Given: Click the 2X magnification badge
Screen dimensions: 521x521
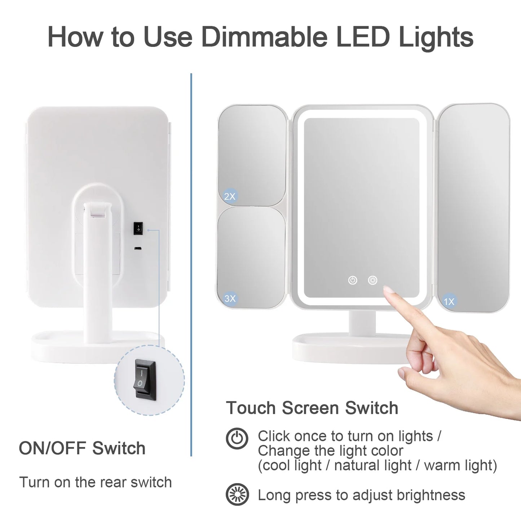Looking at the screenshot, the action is click(230, 196).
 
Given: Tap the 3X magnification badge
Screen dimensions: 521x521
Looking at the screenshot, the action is click(230, 298).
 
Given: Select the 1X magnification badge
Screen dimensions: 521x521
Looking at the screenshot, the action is click(449, 301).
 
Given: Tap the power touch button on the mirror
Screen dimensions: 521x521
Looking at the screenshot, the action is click(352, 280).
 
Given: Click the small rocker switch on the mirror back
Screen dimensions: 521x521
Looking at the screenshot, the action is click(138, 229).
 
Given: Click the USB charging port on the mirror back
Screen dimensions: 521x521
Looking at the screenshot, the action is click(138, 248).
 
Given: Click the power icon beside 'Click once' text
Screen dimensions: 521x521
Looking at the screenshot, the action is click(237, 438).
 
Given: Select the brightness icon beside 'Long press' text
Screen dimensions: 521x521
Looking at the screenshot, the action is click(237, 495).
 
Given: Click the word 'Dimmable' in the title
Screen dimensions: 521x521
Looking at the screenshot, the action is click(265, 37).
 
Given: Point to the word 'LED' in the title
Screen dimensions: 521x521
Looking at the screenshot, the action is click(364, 37).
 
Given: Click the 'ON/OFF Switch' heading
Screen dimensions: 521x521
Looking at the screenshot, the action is click(82, 448).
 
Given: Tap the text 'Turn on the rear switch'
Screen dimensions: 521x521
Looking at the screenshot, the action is click(96, 482).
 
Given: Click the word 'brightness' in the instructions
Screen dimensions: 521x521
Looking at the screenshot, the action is click(431, 495).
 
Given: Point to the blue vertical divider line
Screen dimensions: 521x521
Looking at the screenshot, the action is click(191, 265).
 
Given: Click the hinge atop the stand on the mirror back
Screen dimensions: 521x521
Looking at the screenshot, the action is click(97, 210).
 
